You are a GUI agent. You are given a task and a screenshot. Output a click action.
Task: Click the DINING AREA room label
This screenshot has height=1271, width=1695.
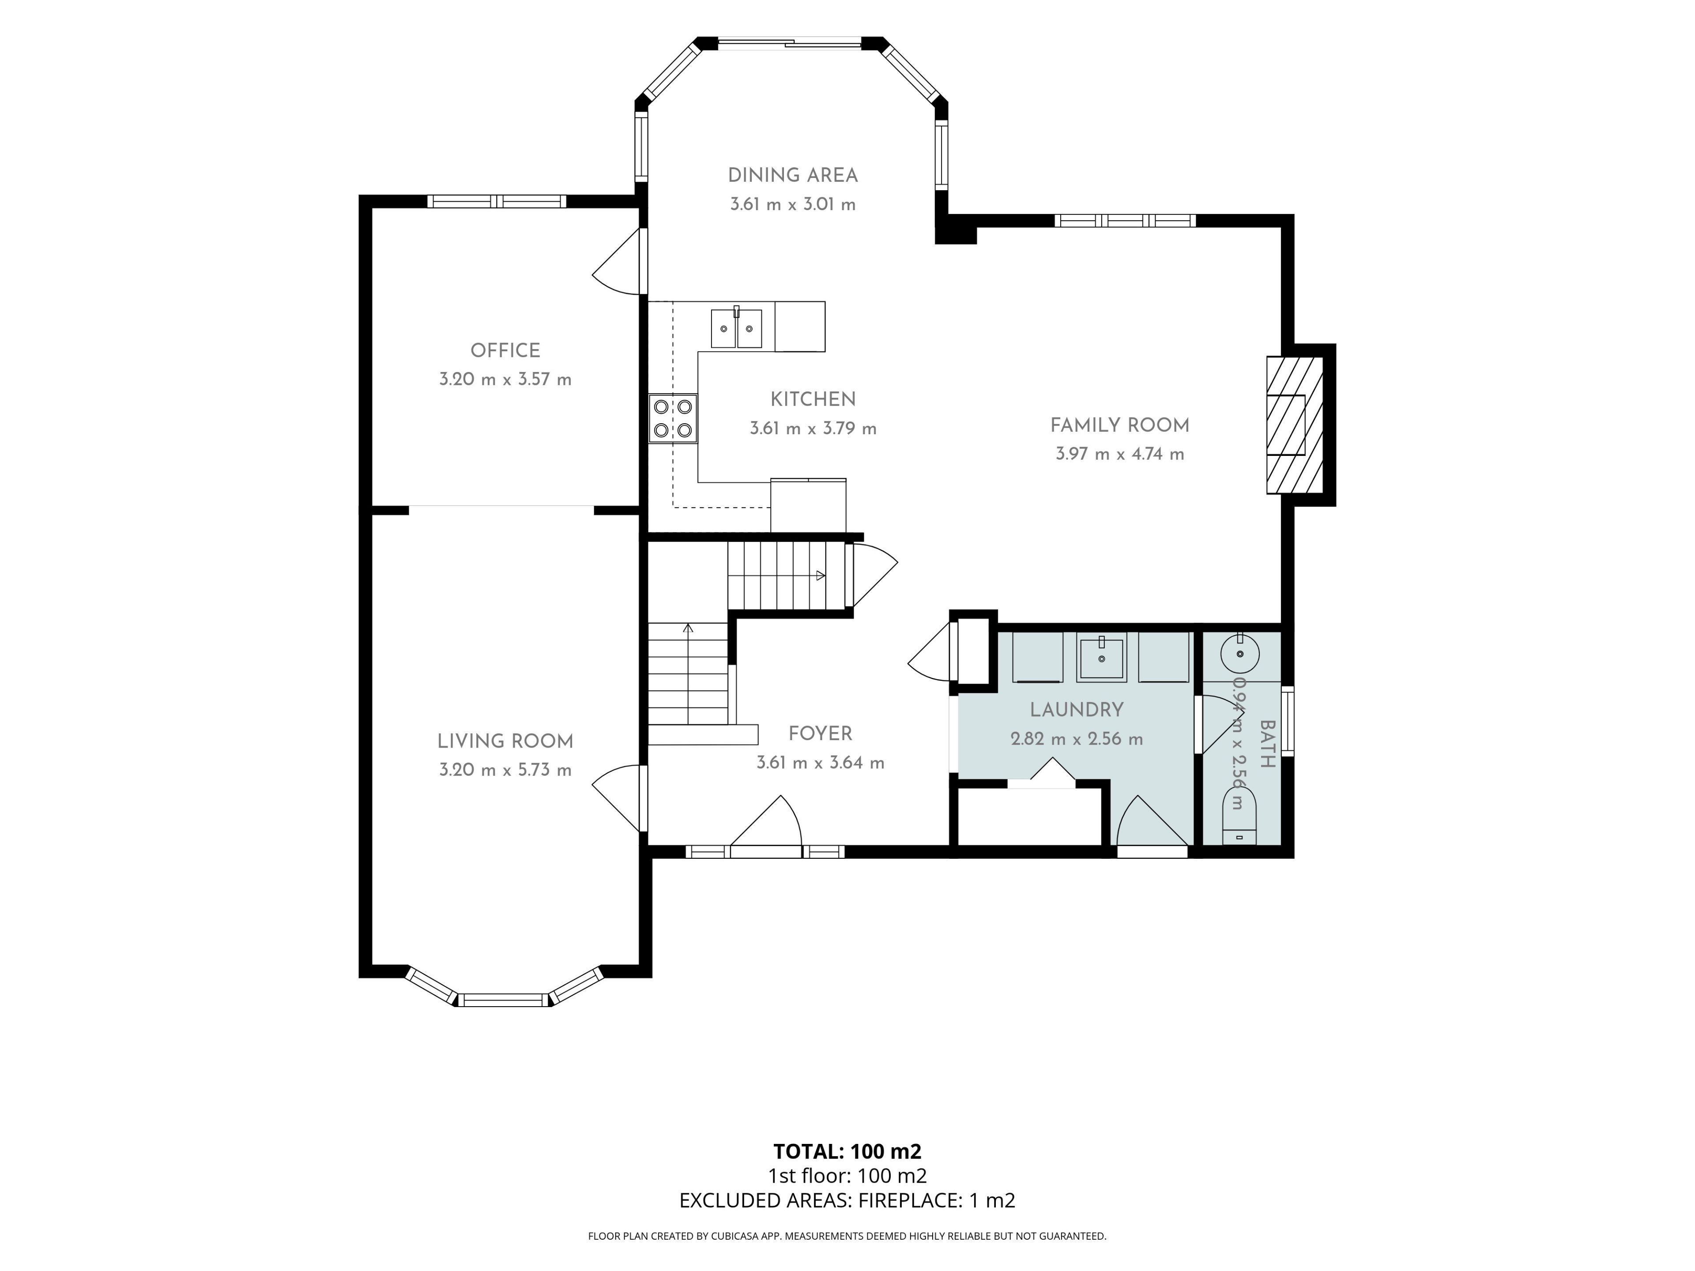coord(792,176)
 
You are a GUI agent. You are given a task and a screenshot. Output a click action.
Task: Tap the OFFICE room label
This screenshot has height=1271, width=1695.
coord(505,350)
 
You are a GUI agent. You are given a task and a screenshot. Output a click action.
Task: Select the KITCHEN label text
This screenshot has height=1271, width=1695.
coord(813,399)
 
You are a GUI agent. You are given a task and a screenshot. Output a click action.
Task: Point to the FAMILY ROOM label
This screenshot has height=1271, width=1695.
coord(1119,425)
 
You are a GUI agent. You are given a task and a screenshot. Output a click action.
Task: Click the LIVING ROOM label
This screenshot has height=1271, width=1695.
coord(505,741)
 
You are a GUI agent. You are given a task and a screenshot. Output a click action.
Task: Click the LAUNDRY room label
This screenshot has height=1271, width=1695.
coord(1077,710)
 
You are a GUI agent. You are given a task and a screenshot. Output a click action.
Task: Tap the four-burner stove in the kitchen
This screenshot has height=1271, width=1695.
coord(673,418)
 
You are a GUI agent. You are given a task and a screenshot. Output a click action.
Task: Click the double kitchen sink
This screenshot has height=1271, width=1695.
coord(736,328)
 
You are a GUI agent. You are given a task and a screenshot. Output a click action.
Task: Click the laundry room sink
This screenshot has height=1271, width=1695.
coord(1101,657)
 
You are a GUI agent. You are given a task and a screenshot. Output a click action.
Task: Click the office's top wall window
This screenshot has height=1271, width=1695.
coord(497,202)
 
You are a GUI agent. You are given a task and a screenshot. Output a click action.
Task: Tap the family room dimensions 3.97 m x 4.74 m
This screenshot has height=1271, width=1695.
coord(1119,454)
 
